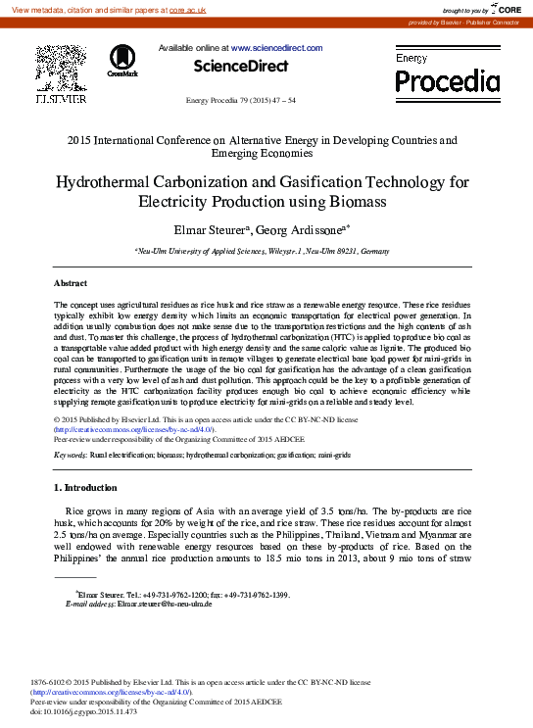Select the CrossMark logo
tap(122, 61)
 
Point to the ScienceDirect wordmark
tap(240, 66)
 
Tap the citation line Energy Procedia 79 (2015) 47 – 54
tap(240, 101)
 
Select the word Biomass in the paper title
tap(358, 203)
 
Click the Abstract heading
tap(71, 281)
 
